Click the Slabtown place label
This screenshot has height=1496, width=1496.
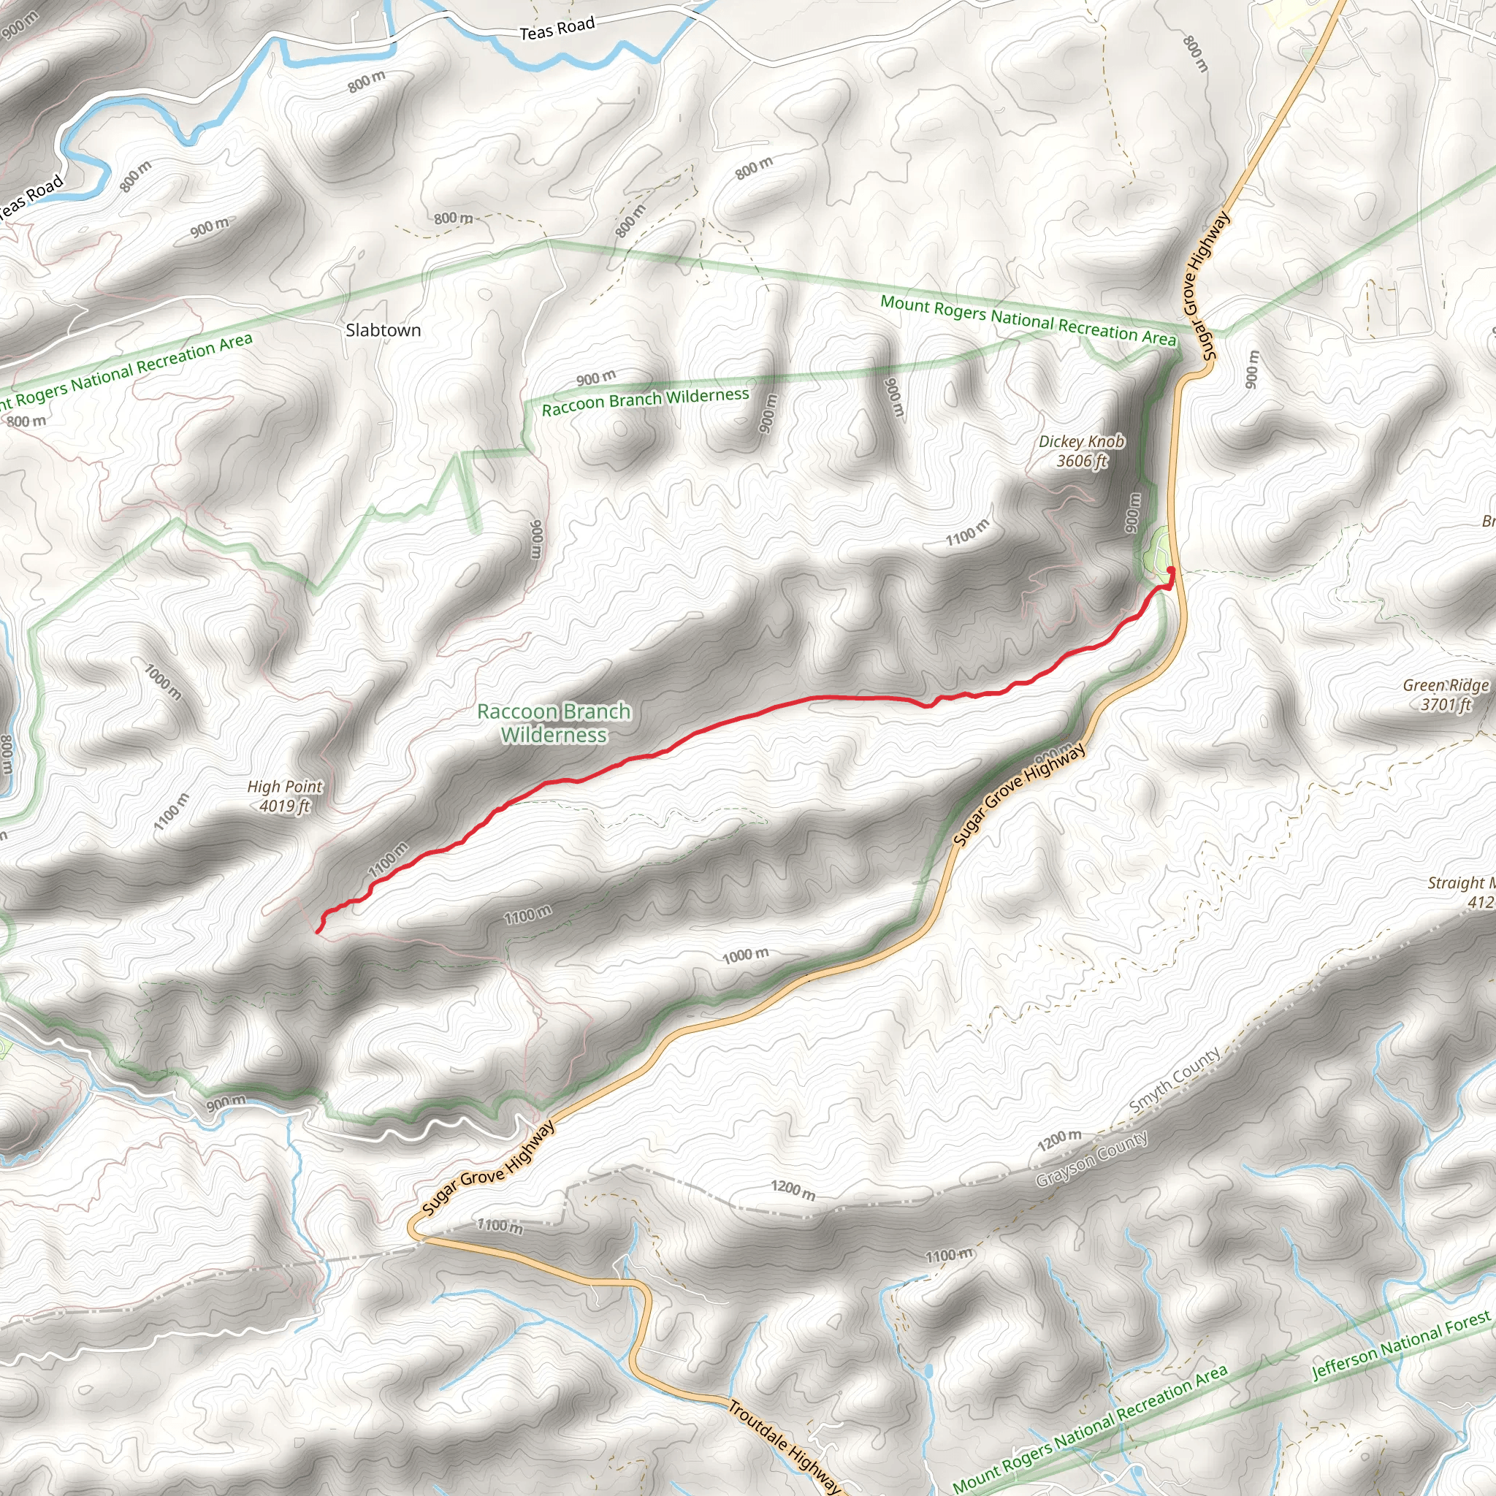point(383,330)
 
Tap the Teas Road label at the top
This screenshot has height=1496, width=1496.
point(557,28)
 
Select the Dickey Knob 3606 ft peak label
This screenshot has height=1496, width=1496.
point(1082,451)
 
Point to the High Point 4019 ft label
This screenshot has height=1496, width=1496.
point(284,796)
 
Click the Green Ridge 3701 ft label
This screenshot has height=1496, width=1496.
point(1446,695)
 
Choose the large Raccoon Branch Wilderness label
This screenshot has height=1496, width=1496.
point(554,722)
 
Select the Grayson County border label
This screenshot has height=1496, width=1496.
point(1092,1159)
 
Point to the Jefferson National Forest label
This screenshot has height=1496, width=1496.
point(1401,1345)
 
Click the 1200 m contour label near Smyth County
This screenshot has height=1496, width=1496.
point(1059,1139)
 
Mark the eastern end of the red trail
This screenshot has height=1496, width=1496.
point(1170,570)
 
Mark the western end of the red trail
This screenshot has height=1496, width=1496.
point(318,931)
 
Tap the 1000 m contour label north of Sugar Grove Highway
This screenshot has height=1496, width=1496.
point(745,955)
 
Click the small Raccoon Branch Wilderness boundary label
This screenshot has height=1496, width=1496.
point(645,401)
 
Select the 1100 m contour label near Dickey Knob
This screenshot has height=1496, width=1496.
point(967,533)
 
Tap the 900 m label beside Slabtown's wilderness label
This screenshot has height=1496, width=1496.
point(595,378)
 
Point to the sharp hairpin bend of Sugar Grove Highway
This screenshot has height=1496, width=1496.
point(413,1229)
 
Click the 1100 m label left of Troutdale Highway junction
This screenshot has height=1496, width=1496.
point(500,1226)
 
